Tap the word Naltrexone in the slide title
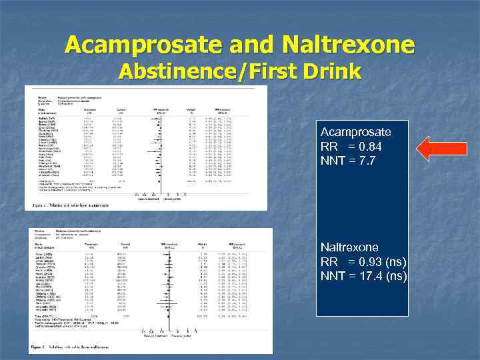pyautogui.click(x=348, y=45)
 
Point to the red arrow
pyautogui.click(x=441, y=148)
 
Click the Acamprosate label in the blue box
pyautogui.click(x=355, y=132)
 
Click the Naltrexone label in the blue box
pyautogui.click(x=349, y=247)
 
